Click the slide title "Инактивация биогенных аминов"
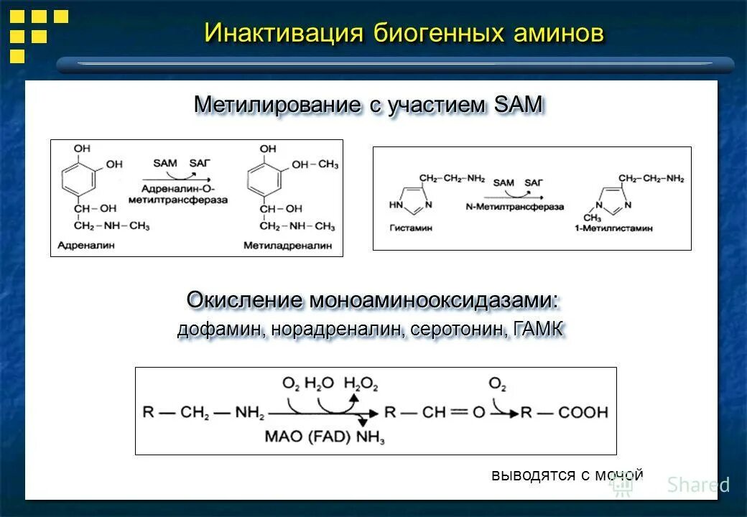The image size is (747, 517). click(x=404, y=32)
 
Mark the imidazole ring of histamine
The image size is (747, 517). click(x=408, y=202)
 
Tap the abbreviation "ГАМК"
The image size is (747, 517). click(x=538, y=330)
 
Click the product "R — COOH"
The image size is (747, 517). click(x=564, y=412)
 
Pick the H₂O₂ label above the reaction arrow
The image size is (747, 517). click(x=361, y=383)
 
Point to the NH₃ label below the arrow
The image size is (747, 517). click(x=370, y=436)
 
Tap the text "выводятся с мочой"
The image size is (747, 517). click(x=567, y=475)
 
